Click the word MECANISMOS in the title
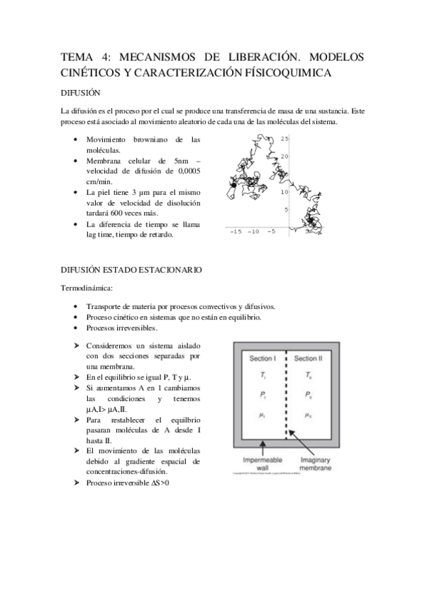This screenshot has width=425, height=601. click(x=148, y=56)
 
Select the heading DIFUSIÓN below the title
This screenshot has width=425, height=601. click(x=80, y=93)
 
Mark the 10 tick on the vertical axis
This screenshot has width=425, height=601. click(x=284, y=192)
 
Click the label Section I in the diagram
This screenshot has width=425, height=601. click(x=263, y=359)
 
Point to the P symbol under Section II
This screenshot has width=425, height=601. click(x=307, y=395)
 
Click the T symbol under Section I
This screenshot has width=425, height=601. click(x=262, y=376)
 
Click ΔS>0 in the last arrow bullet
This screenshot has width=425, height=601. click(x=158, y=483)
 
